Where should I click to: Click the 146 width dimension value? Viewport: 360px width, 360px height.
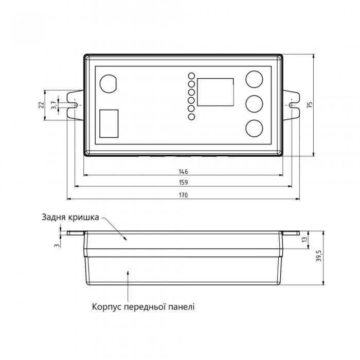(x=183, y=171)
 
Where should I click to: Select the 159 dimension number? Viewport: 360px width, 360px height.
(x=183, y=182)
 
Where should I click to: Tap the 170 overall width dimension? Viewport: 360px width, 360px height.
(x=183, y=195)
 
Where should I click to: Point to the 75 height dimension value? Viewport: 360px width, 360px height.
(x=310, y=105)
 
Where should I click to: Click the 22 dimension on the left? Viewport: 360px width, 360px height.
(x=41, y=105)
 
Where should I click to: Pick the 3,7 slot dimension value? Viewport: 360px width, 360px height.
(x=53, y=105)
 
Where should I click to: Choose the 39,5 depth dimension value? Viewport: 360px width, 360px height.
(x=320, y=256)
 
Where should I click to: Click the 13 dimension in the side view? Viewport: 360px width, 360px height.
(x=304, y=240)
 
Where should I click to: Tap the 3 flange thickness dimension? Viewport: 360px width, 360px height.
(x=57, y=245)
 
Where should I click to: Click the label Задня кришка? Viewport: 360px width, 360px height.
(x=70, y=217)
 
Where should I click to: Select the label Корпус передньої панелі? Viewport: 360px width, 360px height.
(x=143, y=307)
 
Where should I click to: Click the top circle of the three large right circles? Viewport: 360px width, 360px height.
(x=254, y=79)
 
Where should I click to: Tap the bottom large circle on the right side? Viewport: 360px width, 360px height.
(x=254, y=128)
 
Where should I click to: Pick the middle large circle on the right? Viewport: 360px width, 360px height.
(x=254, y=104)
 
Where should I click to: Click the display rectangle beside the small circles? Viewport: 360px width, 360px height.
(x=215, y=92)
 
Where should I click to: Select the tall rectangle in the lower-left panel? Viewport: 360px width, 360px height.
(x=109, y=123)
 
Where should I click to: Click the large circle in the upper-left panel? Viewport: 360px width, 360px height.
(x=109, y=83)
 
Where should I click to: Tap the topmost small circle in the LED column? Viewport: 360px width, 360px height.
(x=191, y=76)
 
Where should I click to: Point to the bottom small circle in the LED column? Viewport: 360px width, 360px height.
(x=191, y=117)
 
